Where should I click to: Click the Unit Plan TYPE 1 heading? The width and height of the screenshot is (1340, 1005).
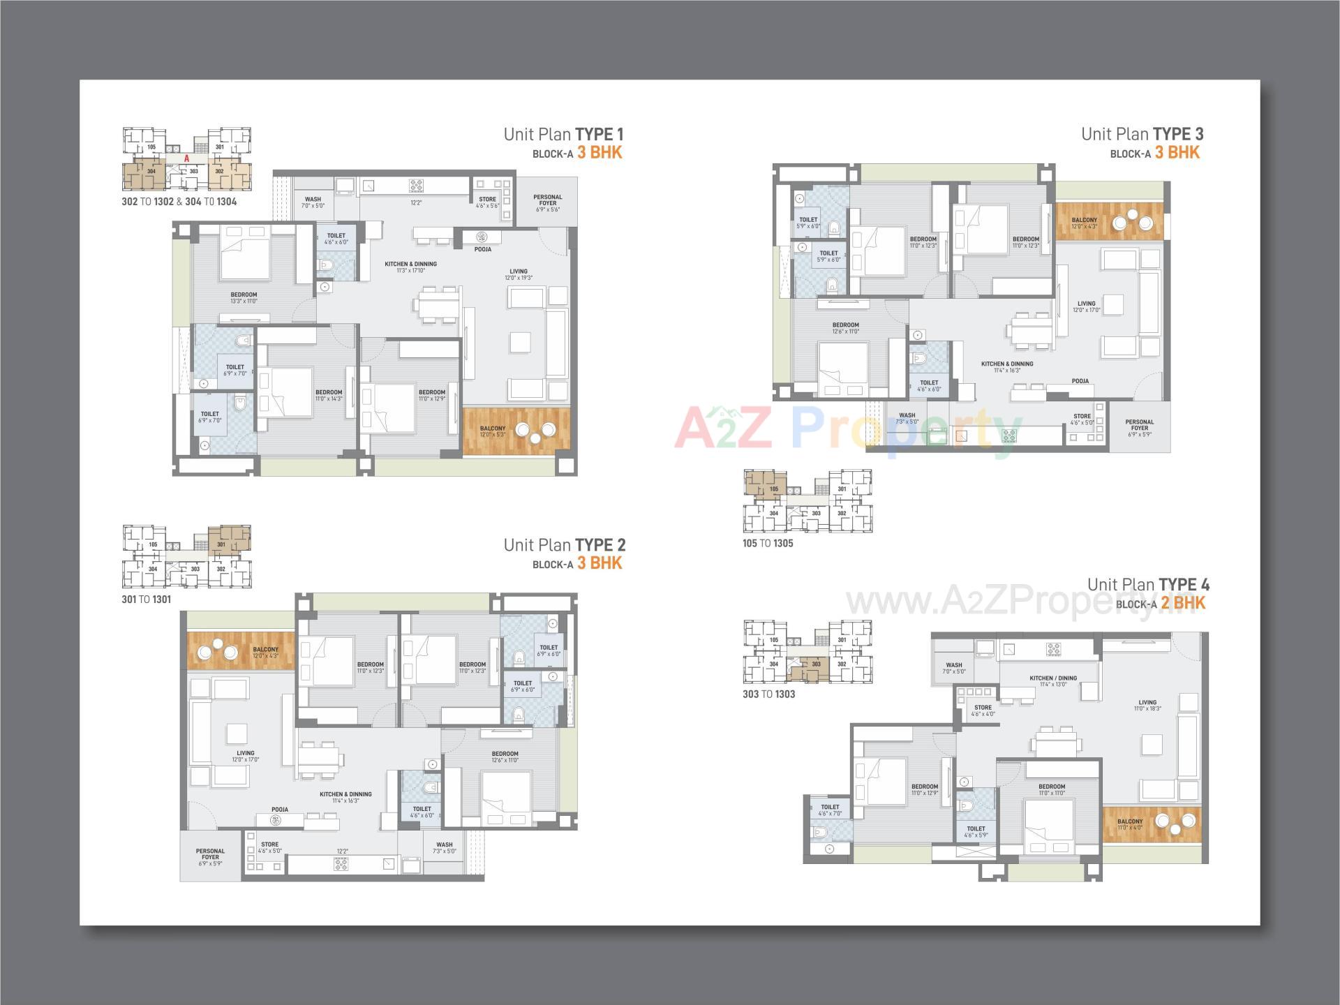coord(563,134)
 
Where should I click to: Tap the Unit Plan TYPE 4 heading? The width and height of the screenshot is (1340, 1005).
coord(1148,585)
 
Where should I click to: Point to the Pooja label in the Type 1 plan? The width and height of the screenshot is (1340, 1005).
coord(483,249)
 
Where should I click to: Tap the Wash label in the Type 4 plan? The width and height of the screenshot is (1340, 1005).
coord(954,668)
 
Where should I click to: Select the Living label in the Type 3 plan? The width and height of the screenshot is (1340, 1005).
coord(1087,306)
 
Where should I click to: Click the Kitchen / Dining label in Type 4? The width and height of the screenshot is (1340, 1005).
coord(1053,680)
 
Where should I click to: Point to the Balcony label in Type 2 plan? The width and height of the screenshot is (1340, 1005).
coord(266,652)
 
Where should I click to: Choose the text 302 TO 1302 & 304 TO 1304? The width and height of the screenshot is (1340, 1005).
coord(179,202)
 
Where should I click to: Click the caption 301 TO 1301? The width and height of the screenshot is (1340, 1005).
coord(146,600)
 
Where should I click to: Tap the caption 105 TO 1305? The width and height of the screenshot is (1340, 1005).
coord(768,544)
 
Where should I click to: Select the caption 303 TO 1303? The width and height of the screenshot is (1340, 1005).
coord(768,694)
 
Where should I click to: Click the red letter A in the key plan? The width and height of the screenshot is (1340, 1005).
coord(187,159)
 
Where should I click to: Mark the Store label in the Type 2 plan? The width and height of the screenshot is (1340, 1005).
coord(269,847)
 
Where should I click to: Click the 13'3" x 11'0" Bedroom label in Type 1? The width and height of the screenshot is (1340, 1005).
coord(244,297)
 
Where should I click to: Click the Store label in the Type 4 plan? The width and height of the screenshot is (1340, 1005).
coord(983,710)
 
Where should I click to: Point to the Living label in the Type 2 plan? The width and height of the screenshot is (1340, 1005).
coord(246,756)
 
